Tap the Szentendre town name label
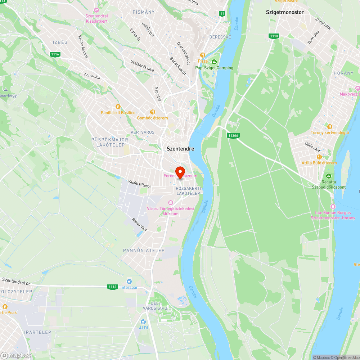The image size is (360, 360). click(180, 149)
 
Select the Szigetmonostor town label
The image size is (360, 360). click(285, 12)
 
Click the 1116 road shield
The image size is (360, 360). click(55, 54)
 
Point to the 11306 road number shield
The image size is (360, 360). click(233, 135)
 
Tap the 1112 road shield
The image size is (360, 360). click(112, 287)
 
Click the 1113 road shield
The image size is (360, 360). click(274, 36)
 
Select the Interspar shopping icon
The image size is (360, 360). click(129, 281)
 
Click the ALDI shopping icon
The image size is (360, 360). click(143, 321)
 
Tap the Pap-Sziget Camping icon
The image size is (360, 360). click(214, 62)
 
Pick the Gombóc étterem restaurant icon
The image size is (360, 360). click(152, 112)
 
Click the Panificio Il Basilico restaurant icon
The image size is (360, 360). click(118, 107)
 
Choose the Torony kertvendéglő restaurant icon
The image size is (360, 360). click(330, 126)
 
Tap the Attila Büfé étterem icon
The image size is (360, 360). click(319, 157)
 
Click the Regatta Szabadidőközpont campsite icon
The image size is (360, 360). click(328, 176)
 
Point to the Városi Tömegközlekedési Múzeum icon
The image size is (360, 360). click(171, 202)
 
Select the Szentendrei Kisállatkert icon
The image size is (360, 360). click(96, 10)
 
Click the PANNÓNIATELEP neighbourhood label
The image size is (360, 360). click(144, 250)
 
